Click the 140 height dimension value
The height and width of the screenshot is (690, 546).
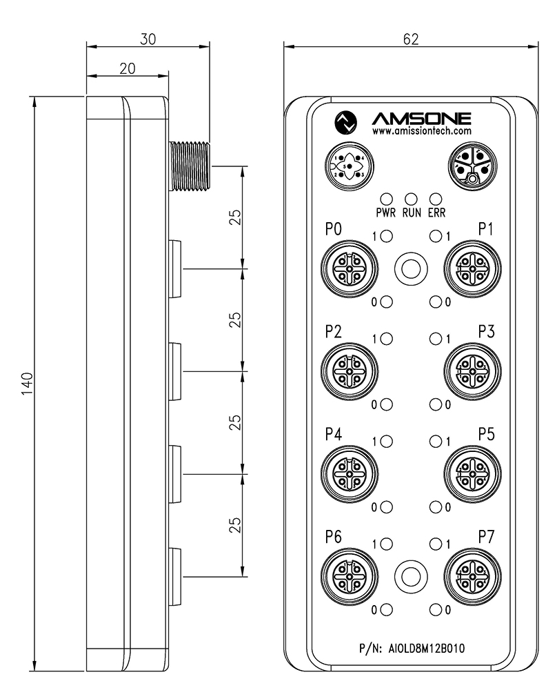tap(28, 383)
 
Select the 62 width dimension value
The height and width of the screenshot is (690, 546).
tap(411, 39)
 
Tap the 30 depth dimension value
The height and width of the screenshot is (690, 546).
tap(148, 39)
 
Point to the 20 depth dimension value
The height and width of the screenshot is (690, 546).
tap(128, 68)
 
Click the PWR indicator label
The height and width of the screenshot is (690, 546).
tap(386, 213)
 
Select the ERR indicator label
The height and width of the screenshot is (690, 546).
tap(436, 213)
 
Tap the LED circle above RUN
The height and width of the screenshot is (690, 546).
tap(411, 199)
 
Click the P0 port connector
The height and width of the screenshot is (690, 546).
tap(350, 268)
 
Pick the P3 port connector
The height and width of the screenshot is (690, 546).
tap(473, 371)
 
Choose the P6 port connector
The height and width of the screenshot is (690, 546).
tap(350, 576)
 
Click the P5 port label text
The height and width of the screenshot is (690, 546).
tap(486, 434)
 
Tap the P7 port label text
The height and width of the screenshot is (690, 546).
tap(486, 537)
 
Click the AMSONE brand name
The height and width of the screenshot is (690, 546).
tap(422, 119)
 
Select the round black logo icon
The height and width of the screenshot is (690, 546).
tap(345, 122)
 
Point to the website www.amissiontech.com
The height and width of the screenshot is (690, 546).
tap(422, 130)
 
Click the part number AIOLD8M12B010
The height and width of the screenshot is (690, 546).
tap(427, 648)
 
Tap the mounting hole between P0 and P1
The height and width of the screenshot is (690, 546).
tap(411, 268)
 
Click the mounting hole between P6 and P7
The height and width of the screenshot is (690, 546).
tap(411, 576)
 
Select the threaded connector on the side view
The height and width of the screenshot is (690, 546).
tap(190, 166)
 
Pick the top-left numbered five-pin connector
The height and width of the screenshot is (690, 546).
tap(350, 167)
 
